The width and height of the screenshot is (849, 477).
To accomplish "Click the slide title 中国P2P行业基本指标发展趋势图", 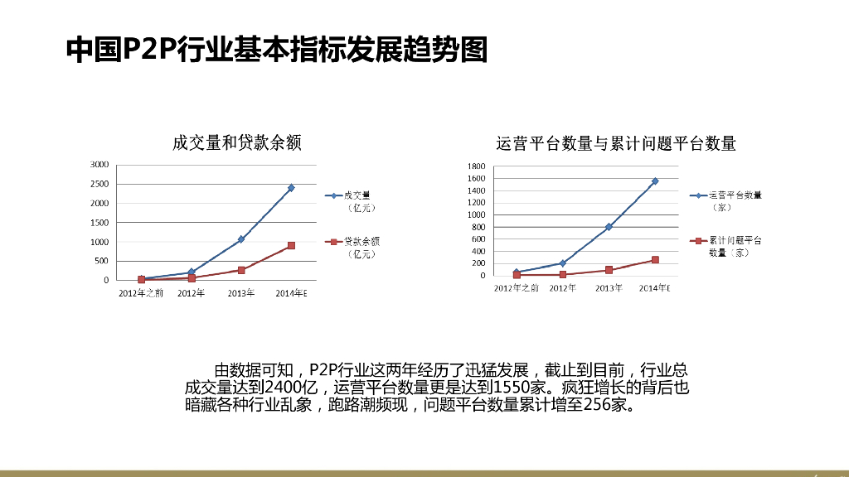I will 276,50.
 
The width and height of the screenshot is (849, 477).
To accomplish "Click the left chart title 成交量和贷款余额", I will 236,143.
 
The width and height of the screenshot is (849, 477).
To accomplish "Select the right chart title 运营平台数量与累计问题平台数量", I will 616,143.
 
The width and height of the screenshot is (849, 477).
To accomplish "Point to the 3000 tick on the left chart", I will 99,165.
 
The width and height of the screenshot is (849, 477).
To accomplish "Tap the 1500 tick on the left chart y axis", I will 99,223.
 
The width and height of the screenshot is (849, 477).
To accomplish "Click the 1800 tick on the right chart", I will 476,166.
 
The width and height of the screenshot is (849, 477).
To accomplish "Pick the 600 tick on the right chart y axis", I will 478,239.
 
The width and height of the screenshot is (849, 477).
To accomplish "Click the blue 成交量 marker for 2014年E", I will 291,188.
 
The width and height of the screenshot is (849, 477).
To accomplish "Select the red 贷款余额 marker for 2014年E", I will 291,246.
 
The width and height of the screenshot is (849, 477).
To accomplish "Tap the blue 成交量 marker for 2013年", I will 241,239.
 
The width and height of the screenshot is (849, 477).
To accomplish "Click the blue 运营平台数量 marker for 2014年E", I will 654,181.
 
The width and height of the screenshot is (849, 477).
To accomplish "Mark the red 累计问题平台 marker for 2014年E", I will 654,260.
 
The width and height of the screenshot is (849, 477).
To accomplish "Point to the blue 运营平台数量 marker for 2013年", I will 609,227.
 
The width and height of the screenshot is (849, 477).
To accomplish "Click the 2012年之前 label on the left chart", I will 141,293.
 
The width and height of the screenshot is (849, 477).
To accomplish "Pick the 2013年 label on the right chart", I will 609,288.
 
